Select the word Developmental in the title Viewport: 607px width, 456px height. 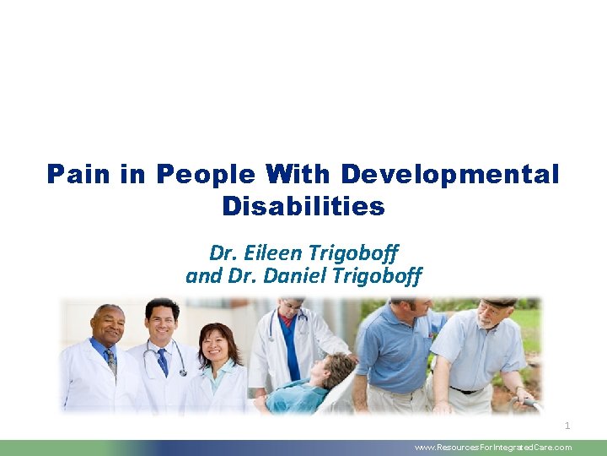pyautogui.click(x=449, y=175)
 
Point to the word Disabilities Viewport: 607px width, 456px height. pyautogui.click(x=303, y=206)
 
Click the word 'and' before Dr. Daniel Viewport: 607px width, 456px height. pyautogui.click(x=202, y=275)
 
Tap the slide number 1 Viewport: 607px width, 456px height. pyautogui.click(x=567, y=426)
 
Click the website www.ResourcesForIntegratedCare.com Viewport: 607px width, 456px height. pyautogui.click(x=493, y=448)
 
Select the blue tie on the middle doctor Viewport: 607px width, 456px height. pyautogui.click(x=163, y=361)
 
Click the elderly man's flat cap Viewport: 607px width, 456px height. pyautogui.click(x=502, y=301)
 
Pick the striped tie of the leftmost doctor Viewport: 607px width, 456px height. pyautogui.click(x=110, y=361)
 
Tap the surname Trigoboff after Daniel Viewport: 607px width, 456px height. pyautogui.click(x=379, y=275)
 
